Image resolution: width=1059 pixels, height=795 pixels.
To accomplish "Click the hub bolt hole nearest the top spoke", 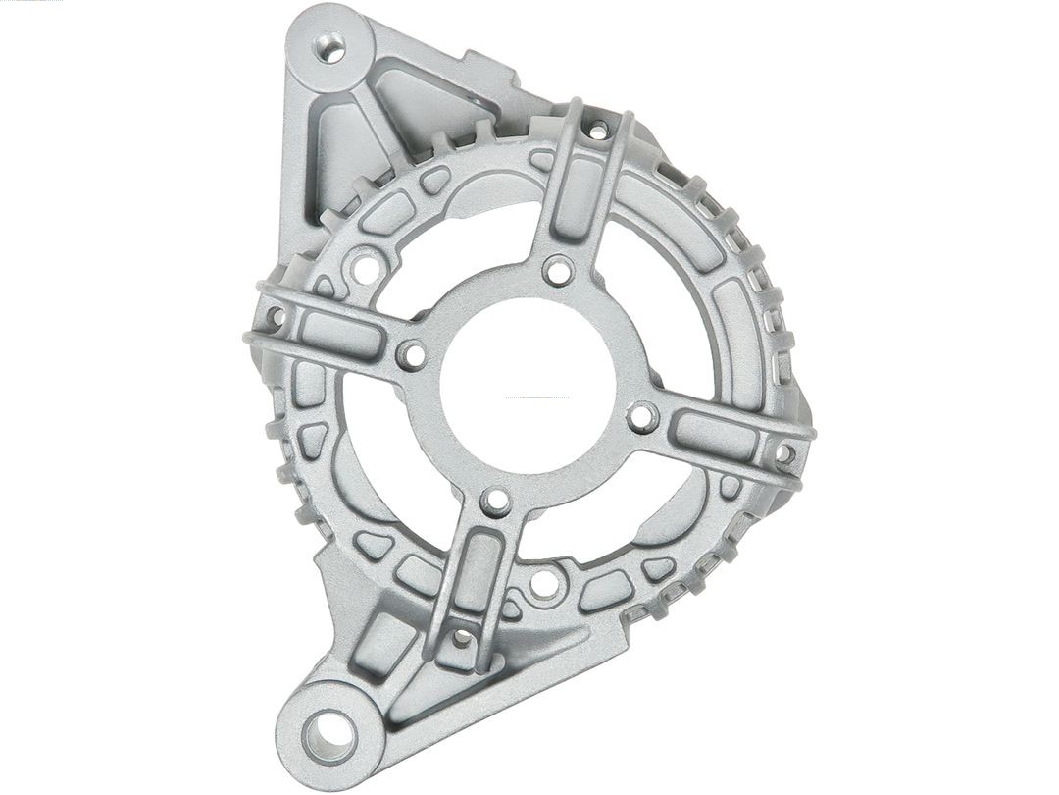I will (x=558, y=270).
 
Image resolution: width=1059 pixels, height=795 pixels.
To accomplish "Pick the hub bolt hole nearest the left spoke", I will (x=412, y=354).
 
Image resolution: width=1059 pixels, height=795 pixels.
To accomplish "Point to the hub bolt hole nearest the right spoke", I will (x=642, y=417).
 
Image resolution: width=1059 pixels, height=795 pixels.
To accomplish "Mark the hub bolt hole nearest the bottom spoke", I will (x=497, y=502).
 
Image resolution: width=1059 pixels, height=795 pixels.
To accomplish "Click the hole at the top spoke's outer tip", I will (x=597, y=129).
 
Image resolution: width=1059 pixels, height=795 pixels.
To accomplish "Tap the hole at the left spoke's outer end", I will (x=276, y=317).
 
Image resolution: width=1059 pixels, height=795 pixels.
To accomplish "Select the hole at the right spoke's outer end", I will (x=784, y=453).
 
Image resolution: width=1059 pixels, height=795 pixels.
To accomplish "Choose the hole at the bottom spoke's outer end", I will (x=461, y=638).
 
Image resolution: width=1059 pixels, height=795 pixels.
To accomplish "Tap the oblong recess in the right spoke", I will (x=716, y=435).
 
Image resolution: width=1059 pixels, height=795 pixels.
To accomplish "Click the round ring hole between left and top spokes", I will (x=366, y=265).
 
